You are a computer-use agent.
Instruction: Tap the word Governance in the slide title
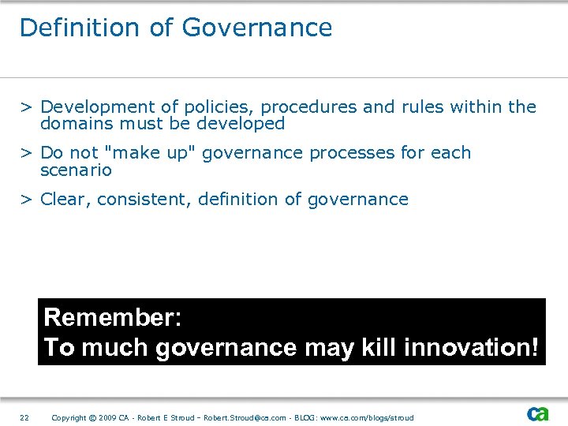coord(257,28)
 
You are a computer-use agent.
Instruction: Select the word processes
coord(351,153)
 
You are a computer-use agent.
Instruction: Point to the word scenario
coord(76,170)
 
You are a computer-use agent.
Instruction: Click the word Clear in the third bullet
coord(66,200)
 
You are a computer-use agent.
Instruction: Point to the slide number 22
coord(24,417)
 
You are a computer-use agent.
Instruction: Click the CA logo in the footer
coord(538,414)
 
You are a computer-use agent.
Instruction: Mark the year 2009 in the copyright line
coord(108,417)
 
